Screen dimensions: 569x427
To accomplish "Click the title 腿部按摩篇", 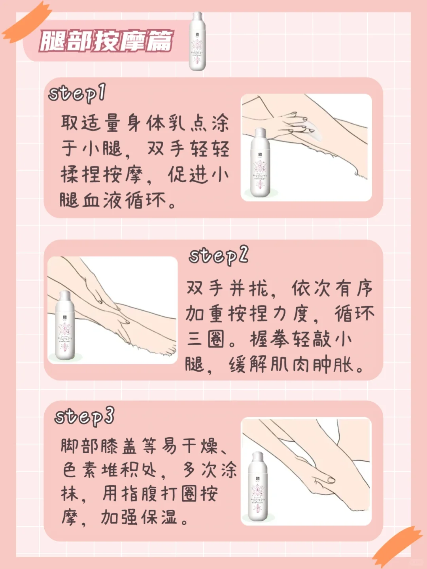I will tap(106, 41).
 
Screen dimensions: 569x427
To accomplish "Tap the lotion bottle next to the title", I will tap(197, 42).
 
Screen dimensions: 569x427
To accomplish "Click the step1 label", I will tap(77, 94).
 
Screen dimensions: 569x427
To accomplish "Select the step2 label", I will tap(218, 256).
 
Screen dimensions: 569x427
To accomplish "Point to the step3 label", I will tap(84, 416).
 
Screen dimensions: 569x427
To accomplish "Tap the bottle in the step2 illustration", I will tap(65, 325).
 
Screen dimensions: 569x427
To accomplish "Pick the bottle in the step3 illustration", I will tap(257, 486).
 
